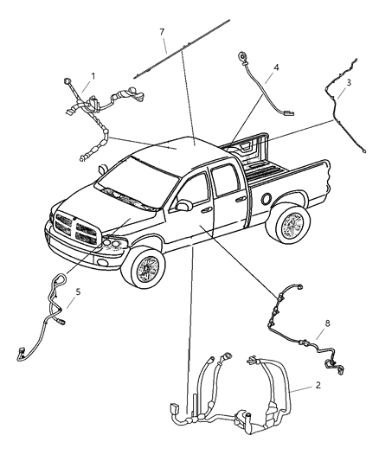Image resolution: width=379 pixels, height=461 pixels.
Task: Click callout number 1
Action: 93,75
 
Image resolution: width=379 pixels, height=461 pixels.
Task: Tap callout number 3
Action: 348,83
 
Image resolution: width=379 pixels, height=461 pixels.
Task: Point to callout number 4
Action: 276,67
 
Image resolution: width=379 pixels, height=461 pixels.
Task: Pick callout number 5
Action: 78,292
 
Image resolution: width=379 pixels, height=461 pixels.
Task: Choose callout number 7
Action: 162,32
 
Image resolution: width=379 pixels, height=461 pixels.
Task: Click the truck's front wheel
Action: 147,269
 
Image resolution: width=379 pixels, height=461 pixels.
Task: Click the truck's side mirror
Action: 183,206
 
